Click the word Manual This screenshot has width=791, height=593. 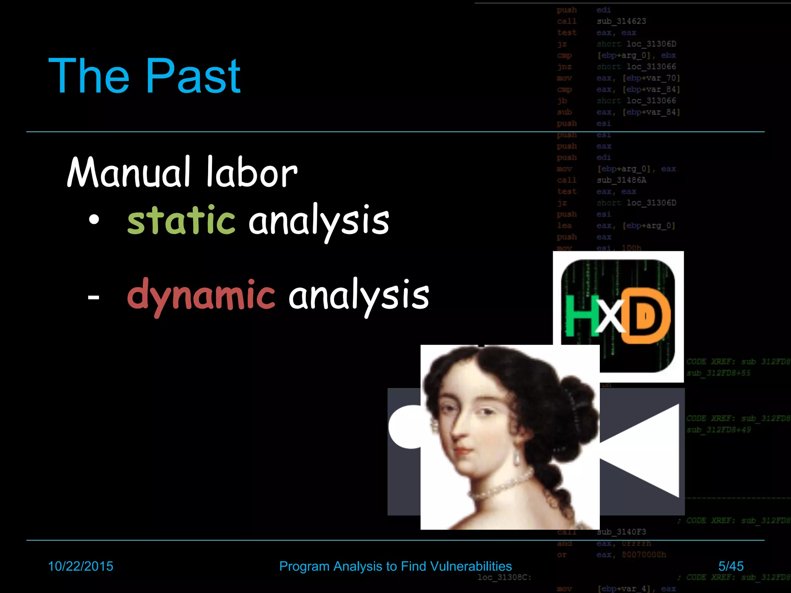pos(129,173)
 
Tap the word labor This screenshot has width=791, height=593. pos(251,173)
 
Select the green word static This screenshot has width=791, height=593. pos(181,220)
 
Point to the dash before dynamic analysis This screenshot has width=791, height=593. pos(93,297)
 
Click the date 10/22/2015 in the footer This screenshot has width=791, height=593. pos(80,566)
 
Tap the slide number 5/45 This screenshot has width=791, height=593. pos(731,566)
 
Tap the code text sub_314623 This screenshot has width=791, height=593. pos(621,21)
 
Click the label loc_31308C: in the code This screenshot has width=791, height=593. pos(504,578)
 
